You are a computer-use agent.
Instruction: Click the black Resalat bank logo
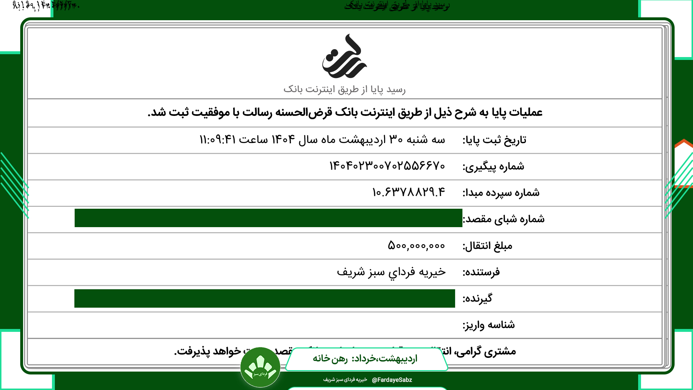click(x=344, y=57)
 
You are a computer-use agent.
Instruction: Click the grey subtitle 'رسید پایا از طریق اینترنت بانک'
click(x=344, y=89)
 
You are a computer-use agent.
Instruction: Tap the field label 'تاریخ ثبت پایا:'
click(x=494, y=140)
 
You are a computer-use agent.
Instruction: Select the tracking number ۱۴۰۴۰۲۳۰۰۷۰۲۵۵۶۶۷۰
click(x=387, y=166)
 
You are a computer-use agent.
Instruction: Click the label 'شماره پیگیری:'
click(x=493, y=166)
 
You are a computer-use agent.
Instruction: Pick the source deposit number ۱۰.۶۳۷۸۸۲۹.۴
click(x=409, y=192)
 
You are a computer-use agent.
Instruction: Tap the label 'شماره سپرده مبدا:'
click(x=501, y=193)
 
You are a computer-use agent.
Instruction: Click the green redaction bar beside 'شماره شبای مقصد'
click(x=268, y=218)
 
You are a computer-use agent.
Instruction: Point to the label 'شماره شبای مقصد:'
click(x=504, y=219)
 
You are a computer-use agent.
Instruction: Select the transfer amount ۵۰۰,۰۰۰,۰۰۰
click(x=416, y=246)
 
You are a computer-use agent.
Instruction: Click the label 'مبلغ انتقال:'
click(x=487, y=246)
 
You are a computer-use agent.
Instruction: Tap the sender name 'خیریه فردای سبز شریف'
click(x=391, y=272)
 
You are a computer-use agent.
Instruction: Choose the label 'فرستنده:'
click(x=481, y=272)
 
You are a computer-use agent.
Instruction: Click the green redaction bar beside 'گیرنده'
click(x=265, y=299)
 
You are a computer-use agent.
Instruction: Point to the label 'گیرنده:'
click(x=477, y=299)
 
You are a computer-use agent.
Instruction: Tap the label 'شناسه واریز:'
click(x=489, y=325)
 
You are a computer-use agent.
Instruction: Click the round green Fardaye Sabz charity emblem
click(x=260, y=367)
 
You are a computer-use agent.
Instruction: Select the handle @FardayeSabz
click(x=392, y=380)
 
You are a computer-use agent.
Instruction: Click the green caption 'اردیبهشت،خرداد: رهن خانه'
click(x=365, y=359)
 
